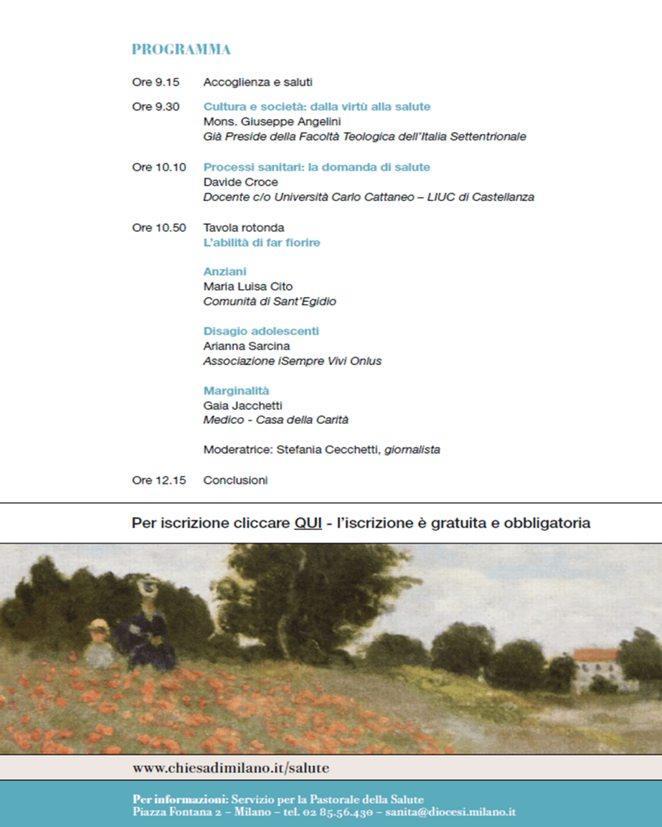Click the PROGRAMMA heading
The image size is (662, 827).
pyautogui.click(x=181, y=49)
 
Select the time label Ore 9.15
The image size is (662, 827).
pyautogui.click(x=155, y=82)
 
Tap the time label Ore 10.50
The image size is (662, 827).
pyautogui.click(x=158, y=228)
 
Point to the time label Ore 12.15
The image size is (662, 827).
pyautogui.click(x=158, y=481)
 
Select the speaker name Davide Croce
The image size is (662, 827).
pyautogui.click(x=240, y=182)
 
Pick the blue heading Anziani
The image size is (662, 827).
pyautogui.click(x=225, y=271)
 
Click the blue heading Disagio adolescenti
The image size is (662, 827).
pyautogui.click(x=261, y=331)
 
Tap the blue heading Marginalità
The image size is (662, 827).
pyautogui.click(x=236, y=391)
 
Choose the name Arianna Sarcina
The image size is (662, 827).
pyautogui.click(x=247, y=346)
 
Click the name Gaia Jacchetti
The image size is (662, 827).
pyautogui.click(x=242, y=405)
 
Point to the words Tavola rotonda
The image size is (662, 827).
pyautogui.click(x=243, y=228)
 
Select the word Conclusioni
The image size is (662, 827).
pyautogui.click(x=235, y=481)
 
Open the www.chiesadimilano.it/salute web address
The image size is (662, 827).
pyautogui.click(x=230, y=767)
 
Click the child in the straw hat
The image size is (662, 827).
pyautogui.click(x=99, y=642)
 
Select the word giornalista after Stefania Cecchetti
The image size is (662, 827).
pyautogui.click(x=412, y=450)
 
